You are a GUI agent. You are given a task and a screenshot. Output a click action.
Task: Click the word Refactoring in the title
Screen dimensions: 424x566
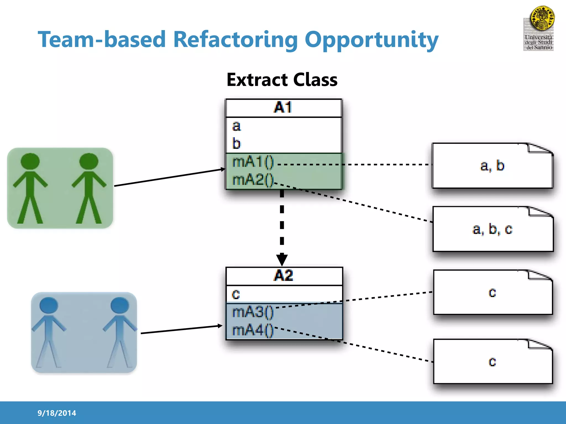coord(235,39)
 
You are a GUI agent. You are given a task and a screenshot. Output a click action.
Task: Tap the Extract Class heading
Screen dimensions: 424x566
coord(282,80)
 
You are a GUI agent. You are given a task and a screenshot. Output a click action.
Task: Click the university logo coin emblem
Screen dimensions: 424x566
coord(542,18)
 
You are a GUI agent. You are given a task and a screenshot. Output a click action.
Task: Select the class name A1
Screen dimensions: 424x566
coord(283,107)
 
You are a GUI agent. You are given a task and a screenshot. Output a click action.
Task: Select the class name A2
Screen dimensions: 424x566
coord(284,275)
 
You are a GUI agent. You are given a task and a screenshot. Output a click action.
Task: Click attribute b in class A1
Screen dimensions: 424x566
coord(237,144)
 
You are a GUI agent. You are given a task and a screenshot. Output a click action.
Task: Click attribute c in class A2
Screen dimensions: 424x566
coord(236,294)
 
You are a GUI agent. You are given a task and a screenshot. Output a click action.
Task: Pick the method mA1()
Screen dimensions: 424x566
coord(253,162)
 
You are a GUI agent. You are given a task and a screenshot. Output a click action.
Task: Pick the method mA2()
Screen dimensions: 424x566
coord(253,180)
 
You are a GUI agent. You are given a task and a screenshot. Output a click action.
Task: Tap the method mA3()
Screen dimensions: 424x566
coord(253,312)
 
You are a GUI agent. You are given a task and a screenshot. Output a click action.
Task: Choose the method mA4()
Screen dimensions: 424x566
coord(253,330)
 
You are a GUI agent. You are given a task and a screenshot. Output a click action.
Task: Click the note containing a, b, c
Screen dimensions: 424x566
coord(492,229)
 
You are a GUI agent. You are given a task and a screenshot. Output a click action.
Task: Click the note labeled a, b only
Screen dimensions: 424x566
coord(492,166)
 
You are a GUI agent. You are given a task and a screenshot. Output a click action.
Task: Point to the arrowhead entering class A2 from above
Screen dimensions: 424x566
coord(282,260)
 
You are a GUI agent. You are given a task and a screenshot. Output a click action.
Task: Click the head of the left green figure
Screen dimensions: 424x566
coord(30,161)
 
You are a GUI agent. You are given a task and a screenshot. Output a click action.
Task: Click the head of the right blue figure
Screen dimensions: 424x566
coord(120,305)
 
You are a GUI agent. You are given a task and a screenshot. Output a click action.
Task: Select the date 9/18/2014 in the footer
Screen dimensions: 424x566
coord(57,413)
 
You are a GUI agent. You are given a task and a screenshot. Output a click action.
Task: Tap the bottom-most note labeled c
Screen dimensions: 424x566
coord(492,362)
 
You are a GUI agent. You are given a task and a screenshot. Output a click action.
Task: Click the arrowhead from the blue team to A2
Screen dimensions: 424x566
coord(220,326)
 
